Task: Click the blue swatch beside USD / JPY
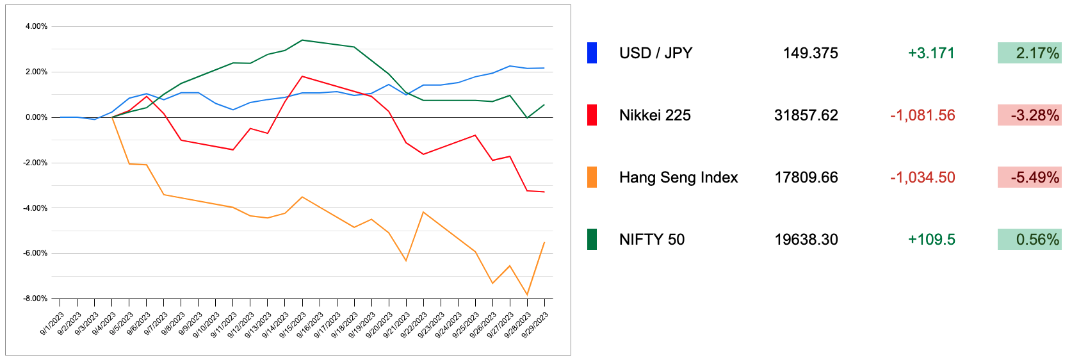click(x=592, y=53)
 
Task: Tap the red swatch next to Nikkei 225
click(x=592, y=115)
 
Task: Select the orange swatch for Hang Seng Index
click(x=592, y=177)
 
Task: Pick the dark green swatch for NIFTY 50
click(x=592, y=240)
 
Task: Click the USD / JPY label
click(x=655, y=53)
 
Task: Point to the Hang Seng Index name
click(x=678, y=177)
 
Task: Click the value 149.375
click(x=810, y=53)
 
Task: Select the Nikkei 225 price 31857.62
click(x=806, y=115)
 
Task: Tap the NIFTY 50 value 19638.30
click(x=806, y=240)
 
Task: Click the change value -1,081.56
click(x=922, y=115)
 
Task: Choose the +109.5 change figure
click(x=931, y=240)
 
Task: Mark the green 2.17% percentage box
click(x=1029, y=53)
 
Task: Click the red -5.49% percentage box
click(x=1029, y=177)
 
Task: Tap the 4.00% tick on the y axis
click(x=37, y=26)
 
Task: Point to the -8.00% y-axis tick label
click(x=35, y=299)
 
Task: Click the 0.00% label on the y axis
click(x=37, y=117)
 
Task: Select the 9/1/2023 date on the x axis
click(x=53, y=323)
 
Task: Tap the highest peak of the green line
click(x=302, y=40)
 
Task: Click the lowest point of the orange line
click(x=527, y=295)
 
